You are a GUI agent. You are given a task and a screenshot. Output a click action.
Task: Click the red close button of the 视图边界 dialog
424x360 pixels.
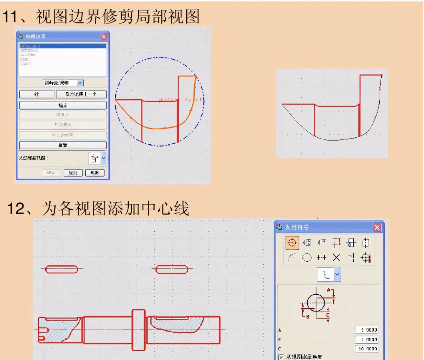[104, 37]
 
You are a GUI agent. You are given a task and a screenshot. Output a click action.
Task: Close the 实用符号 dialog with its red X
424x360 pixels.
[377, 228]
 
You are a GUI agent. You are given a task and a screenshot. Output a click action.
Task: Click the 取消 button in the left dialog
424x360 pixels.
[95, 173]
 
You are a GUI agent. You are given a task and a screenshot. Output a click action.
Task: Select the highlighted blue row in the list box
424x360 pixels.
[63, 46]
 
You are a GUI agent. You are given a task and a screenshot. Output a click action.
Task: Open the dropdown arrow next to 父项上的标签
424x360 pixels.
[103, 158]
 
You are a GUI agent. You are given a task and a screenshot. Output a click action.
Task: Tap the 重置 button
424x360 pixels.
[63, 145]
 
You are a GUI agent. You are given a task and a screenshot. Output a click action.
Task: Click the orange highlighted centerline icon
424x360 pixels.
[292, 243]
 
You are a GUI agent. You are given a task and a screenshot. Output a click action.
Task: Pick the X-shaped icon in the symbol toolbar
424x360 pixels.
[336, 258]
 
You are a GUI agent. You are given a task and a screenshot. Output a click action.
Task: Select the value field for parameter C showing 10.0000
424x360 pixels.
[366, 349]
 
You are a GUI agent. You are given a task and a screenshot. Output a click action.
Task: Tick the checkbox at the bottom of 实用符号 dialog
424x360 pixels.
[281, 357]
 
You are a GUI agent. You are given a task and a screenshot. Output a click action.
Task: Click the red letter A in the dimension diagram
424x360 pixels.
[329, 290]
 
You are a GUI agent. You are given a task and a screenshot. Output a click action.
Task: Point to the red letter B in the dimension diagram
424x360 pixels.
[308, 316]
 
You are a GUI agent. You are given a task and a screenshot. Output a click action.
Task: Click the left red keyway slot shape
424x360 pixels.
[62, 269]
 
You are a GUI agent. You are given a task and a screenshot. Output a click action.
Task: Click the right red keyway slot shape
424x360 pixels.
[172, 269]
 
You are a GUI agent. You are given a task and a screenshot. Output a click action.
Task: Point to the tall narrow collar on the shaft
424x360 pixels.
[139, 330]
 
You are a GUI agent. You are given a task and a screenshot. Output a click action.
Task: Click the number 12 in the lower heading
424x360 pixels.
[16, 208]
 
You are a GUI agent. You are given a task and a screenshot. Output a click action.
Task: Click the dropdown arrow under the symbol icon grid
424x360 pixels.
[337, 274]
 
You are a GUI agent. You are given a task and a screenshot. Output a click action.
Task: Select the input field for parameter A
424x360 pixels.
[366, 330]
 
